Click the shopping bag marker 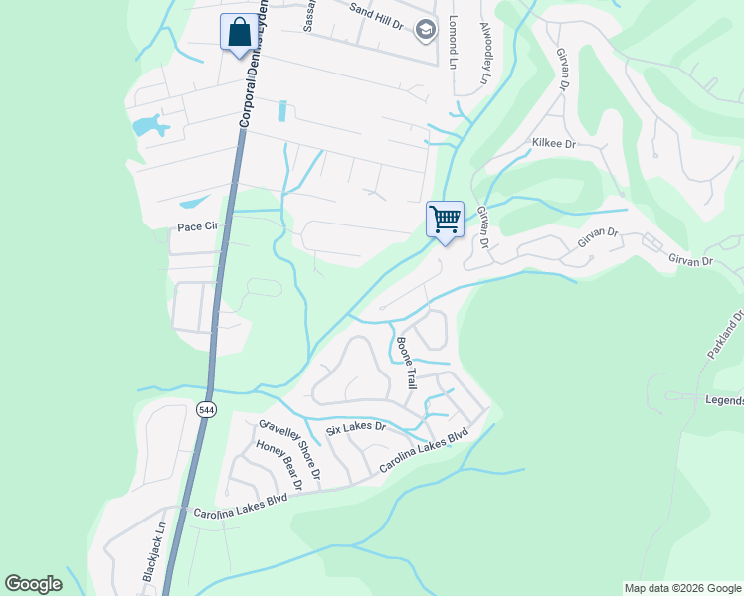tap(238, 32)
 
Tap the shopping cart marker tap(445, 219)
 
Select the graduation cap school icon tap(426, 30)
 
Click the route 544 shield tap(206, 409)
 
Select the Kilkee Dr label tap(554, 144)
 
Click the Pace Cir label tap(197, 227)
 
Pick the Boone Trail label tap(406, 362)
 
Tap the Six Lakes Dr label tap(355, 430)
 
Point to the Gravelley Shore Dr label tap(289, 449)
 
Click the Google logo tap(33, 584)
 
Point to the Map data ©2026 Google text tap(682, 588)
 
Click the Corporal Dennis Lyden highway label tap(254, 65)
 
